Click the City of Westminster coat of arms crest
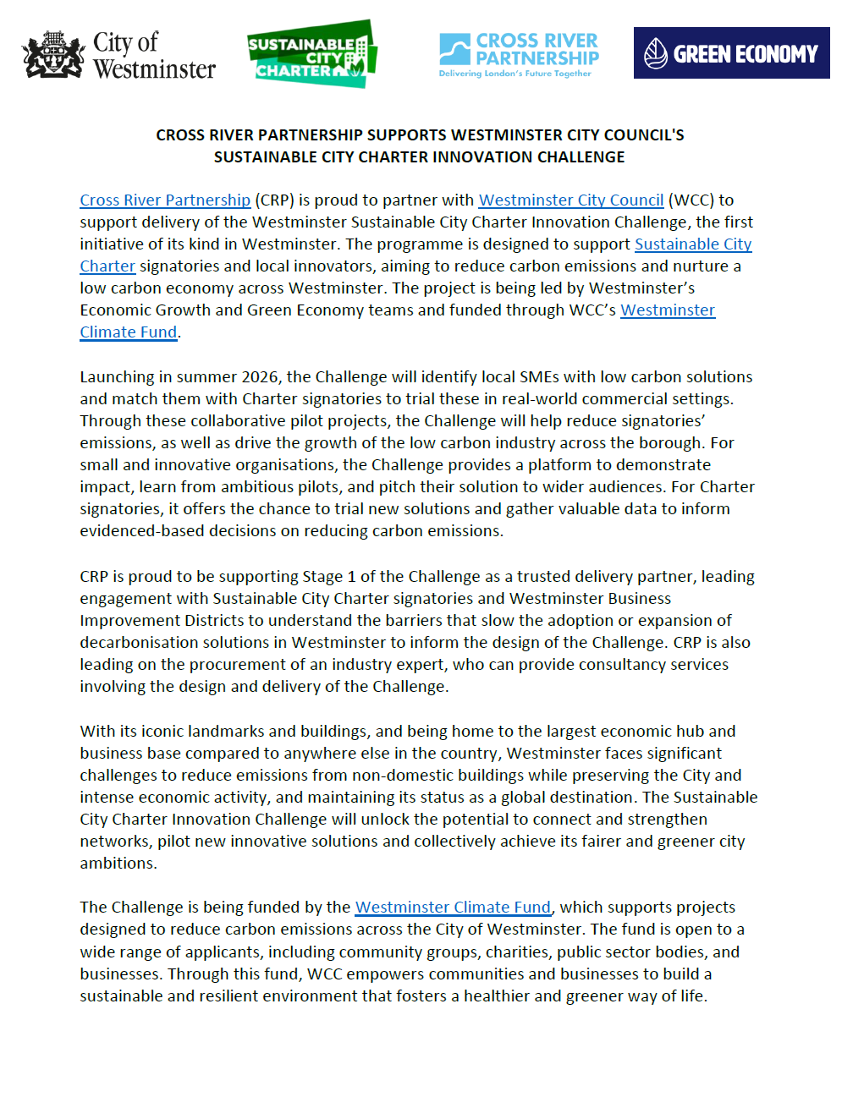pyautogui.click(x=53, y=56)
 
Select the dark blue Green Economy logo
pyautogui.click(x=731, y=53)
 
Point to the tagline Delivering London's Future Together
pyautogui.click(x=515, y=74)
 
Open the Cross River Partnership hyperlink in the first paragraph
pyautogui.click(x=165, y=200)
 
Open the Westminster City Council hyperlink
pyautogui.click(x=570, y=200)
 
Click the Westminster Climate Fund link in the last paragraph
pyautogui.click(x=453, y=908)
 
